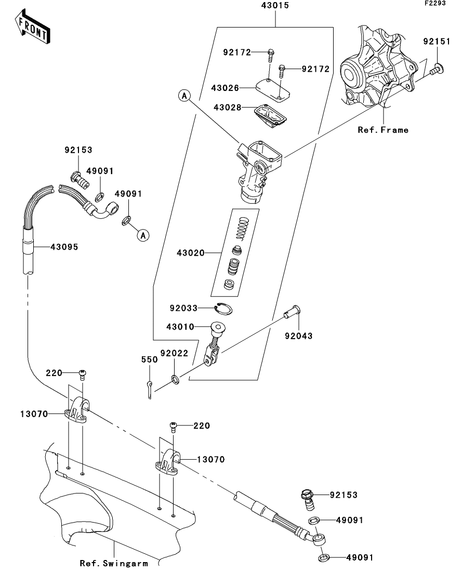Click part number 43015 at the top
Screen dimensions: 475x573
(275, 6)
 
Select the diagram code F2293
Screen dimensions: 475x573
(435, 3)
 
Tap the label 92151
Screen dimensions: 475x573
(437, 42)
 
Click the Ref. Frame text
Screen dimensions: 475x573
(383, 130)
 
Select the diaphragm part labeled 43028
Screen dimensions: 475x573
(270, 115)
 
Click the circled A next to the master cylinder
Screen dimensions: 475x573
(184, 96)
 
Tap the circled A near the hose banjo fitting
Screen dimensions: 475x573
(143, 235)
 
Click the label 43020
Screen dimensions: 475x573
(191, 253)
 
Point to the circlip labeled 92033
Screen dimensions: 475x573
(223, 309)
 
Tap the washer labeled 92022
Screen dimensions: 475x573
(175, 379)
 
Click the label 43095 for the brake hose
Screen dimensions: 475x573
(64, 247)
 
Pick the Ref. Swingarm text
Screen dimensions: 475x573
(114, 563)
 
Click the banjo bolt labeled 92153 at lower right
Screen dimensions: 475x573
(308, 500)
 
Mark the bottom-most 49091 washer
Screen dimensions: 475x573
(324, 557)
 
